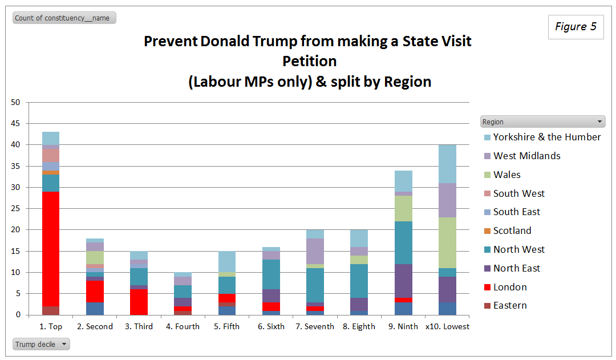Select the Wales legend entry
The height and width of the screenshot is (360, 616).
pos(507,175)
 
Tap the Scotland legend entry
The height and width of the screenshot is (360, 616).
pos(512,230)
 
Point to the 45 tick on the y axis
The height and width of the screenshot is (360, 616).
pos(15,124)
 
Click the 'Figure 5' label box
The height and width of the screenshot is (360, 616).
pos(576,27)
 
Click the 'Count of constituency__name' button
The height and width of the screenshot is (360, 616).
pos(64,18)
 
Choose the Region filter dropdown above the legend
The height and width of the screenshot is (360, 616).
pos(542,122)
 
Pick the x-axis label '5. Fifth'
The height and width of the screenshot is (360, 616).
pos(227,326)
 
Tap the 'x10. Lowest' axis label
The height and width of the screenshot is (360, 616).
pos(447,326)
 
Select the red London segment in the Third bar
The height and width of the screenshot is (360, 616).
pos(139,302)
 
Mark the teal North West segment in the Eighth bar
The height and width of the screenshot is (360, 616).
pos(359,281)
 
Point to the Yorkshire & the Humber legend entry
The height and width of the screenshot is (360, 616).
pos(546,137)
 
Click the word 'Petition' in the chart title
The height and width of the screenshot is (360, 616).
pos(309,61)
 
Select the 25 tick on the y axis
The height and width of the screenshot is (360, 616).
pos(15,209)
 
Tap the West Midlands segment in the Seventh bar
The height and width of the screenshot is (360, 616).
pos(315,251)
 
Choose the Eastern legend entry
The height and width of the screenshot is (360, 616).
pos(510,305)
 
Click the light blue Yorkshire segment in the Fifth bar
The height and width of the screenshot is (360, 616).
pos(227,262)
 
